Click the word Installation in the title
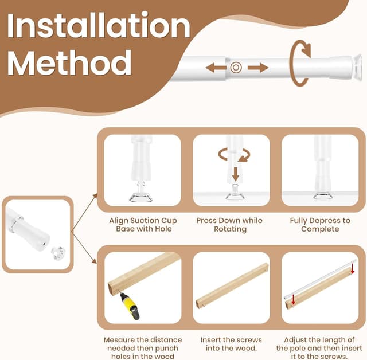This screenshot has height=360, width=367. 99,25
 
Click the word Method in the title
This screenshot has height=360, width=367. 69,62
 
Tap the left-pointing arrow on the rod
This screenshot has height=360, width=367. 216,68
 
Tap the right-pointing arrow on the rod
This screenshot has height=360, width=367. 258,68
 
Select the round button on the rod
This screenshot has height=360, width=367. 236,68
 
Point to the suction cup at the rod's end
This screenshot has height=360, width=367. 357,68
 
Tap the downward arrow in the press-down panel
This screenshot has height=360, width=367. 236,174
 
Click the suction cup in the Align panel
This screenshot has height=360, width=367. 141,197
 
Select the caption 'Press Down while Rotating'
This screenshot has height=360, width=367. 229,225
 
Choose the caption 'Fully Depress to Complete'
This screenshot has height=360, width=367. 320,225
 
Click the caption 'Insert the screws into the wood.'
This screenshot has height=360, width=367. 231,344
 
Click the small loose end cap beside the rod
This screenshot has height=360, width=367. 58,253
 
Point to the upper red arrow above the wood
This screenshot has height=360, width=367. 353,268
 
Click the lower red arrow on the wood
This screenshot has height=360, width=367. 293,300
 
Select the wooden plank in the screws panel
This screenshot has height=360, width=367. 232,286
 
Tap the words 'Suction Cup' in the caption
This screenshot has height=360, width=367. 154,221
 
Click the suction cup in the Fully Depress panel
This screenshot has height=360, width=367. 323,195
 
